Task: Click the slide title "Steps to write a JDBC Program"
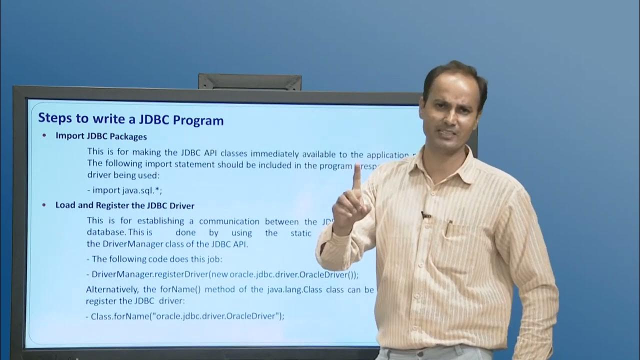(x=131, y=120)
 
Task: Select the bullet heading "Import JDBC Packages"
(x=101, y=135)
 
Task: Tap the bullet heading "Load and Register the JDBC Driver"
(x=125, y=205)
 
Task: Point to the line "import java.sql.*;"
(x=125, y=190)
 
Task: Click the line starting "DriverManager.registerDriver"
(x=225, y=274)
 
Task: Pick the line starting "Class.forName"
(x=187, y=316)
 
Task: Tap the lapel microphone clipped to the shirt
(x=425, y=215)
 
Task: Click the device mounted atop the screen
(x=249, y=82)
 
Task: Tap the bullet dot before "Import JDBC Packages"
(x=44, y=135)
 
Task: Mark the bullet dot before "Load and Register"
(x=44, y=205)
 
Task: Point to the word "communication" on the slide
(x=229, y=221)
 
